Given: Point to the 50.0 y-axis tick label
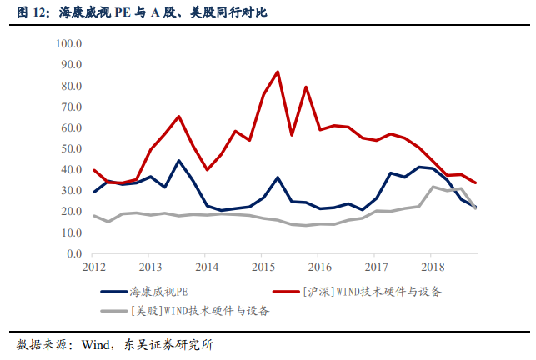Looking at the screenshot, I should (x=69, y=148).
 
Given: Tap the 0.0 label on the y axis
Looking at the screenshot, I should (x=73, y=253).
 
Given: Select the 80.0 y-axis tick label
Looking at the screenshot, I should (x=69, y=86).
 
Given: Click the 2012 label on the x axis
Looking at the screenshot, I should (x=93, y=267).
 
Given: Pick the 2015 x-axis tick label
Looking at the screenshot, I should (x=263, y=267).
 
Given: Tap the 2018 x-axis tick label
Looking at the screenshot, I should (x=433, y=267).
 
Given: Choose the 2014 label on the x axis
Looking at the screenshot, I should (x=207, y=267).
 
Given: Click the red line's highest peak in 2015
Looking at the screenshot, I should (x=278, y=72).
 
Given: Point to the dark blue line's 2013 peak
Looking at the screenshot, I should (x=178, y=161).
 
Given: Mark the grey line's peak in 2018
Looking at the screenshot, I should (x=433, y=187).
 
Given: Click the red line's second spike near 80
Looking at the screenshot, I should (x=306, y=87).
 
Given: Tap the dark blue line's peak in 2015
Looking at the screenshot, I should (x=278, y=177).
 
